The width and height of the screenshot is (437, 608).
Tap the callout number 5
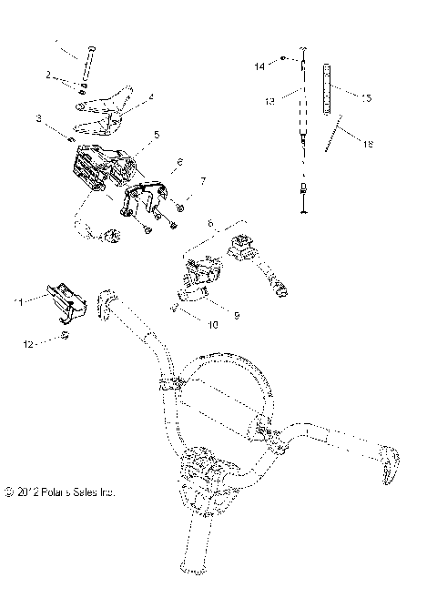pyautogui.click(x=157, y=135)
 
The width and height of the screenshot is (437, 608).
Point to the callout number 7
pyautogui.click(x=202, y=182)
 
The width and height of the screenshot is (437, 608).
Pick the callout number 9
pyautogui.click(x=236, y=315)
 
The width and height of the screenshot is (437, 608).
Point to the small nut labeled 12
pyautogui.click(x=66, y=337)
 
